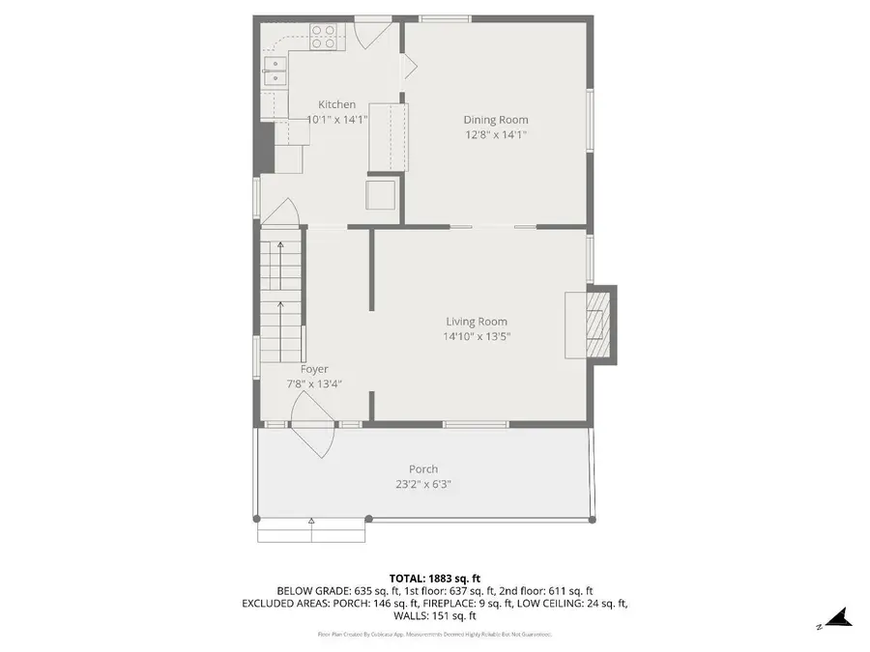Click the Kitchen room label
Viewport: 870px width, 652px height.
(x=336, y=104)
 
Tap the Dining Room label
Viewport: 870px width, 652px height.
(x=495, y=120)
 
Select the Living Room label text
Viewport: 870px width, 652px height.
(x=476, y=322)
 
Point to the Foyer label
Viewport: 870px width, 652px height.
(x=314, y=369)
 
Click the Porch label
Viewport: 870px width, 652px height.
(x=423, y=469)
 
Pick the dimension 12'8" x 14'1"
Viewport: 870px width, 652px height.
(x=495, y=135)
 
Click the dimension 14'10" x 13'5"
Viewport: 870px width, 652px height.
(x=476, y=337)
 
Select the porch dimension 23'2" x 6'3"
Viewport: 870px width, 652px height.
(x=423, y=484)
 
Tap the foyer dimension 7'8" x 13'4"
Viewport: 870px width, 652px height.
(x=314, y=383)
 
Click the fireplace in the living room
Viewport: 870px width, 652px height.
(x=598, y=324)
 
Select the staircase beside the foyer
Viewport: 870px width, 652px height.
(x=280, y=299)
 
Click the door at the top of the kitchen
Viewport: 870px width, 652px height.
(x=368, y=33)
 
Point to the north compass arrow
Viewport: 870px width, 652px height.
(x=838, y=618)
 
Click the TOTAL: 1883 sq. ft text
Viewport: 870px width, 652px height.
(x=434, y=578)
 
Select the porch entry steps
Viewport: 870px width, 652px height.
(x=310, y=528)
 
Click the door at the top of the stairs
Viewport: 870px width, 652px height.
(x=280, y=213)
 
